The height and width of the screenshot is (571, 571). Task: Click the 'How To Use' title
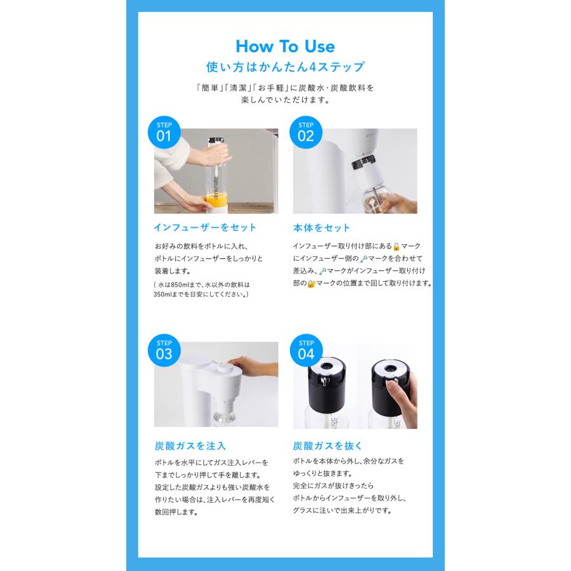click(x=285, y=46)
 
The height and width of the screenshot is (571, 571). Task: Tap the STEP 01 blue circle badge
click(x=164, y=132)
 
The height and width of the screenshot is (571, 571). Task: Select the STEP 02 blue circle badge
click(x=306, y=132)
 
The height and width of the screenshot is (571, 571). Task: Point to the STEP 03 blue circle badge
click(x=164, y=350)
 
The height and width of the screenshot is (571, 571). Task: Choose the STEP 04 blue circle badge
click(x=306, y=350)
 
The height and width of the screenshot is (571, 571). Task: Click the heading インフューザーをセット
click(x=205, y=228)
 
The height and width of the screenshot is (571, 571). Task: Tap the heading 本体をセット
click(x=322, y=228)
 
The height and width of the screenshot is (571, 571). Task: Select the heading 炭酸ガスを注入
click(x=190, y=446)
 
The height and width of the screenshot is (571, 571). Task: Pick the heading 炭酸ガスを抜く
click(x=328, y=446)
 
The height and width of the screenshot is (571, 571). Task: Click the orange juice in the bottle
click(x=216, y=200)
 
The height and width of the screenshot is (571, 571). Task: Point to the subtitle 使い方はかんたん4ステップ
click(x=285, y=67)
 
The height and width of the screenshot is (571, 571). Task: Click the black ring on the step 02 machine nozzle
click(x=364, y=161)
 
